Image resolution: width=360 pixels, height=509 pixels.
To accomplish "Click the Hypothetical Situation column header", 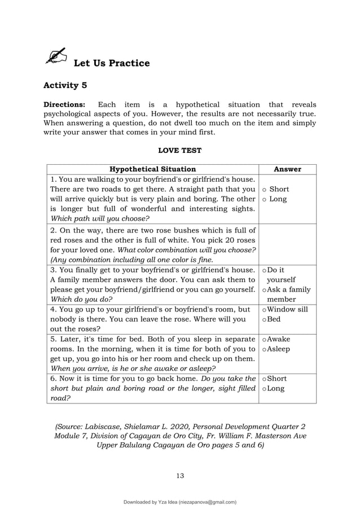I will pyautogui.click(x=152, y=169).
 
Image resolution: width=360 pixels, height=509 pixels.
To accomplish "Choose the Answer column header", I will pyautogui.click(x=287, y=169).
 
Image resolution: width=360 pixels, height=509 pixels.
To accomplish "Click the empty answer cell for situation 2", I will pyautogui.click(x=287, y=244).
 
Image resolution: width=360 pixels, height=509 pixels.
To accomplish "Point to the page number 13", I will pyautogui.click(x=179, y=475).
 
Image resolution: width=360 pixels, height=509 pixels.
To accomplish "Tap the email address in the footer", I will pyautogui.click(x=207, y=502).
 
